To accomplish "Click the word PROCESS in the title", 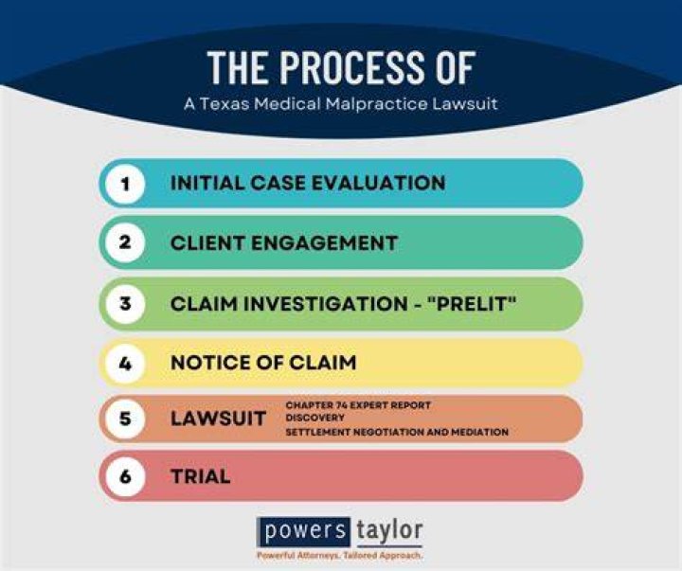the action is tap(351, 67).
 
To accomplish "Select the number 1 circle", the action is tap(125, 183).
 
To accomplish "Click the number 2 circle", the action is tap(125, 242).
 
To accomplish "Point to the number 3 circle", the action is tap(125, 303).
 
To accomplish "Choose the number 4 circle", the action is tap(125, 363).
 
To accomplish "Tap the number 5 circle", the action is tap(125, 419).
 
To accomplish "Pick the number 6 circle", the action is tap(125, 476).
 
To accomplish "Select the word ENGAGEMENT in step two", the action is tap(325, 243).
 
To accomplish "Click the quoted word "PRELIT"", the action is tap(472, 303).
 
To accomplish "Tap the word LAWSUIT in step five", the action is tap(219, 419).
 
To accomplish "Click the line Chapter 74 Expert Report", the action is tap(358, 405).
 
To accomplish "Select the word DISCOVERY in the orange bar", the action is tap(314, 418).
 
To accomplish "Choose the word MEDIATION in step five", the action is tap(479, 432).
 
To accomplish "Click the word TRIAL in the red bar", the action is tap(201, 476).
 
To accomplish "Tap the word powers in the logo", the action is tap(305, 531).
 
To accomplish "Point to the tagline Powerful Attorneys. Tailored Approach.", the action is tap(339, 556).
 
